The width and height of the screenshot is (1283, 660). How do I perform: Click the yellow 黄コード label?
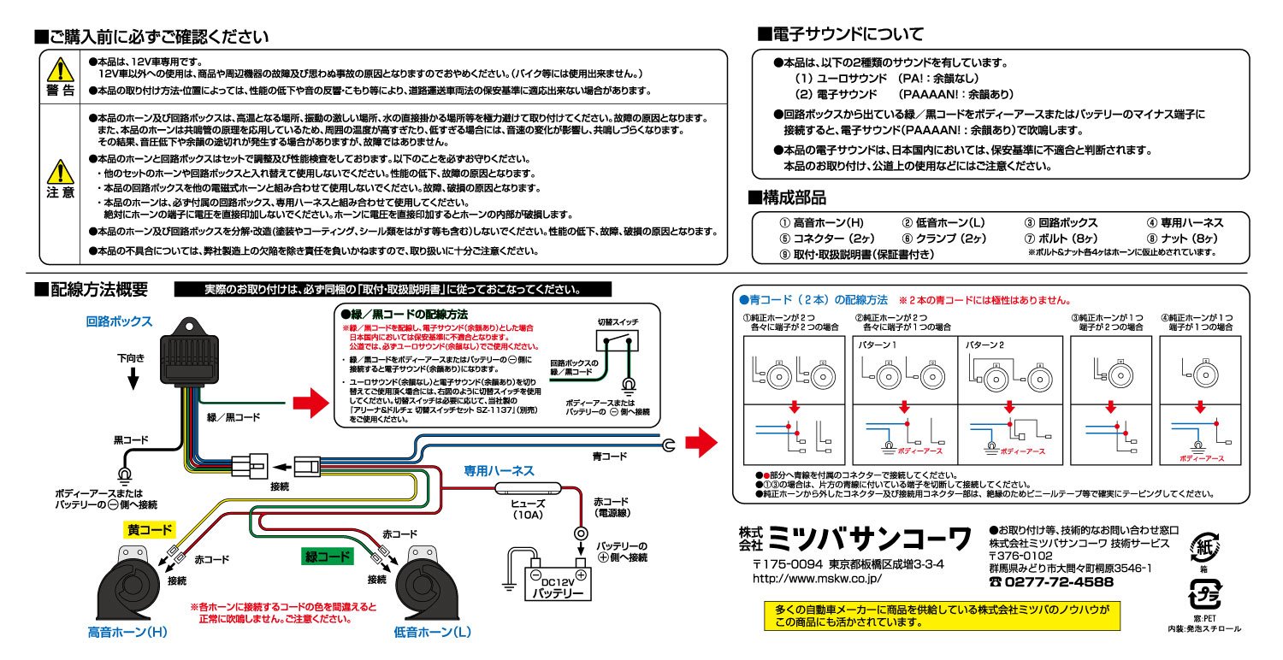pos(151,531)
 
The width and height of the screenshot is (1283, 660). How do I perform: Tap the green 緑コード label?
pos(328,557)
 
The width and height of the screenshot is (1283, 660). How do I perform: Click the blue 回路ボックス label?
pos(119,322)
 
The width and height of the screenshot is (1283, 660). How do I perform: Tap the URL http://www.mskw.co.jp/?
pos(817,578)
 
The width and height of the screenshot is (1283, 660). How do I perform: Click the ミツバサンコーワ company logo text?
pos(869,539)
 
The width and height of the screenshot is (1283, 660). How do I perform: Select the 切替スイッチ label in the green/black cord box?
pos(618,322)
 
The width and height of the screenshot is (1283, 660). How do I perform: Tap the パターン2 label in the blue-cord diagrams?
pos(985,346)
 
